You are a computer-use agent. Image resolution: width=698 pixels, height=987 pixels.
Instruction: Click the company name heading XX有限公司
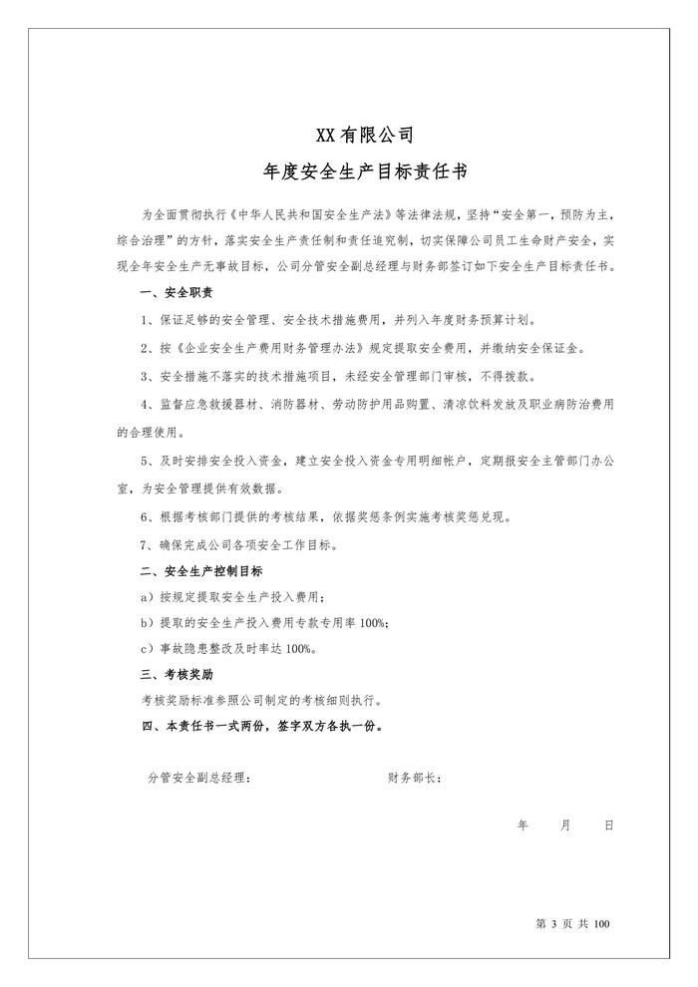(349, 134)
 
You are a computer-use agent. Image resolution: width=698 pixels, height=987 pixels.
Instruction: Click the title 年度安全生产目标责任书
(349, 171)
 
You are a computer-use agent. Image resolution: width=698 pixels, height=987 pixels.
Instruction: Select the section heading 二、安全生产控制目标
(202, 571)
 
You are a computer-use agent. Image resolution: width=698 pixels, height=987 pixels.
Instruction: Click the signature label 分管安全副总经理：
(199, 778)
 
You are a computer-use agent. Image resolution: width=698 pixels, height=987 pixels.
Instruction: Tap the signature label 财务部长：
(415, 778)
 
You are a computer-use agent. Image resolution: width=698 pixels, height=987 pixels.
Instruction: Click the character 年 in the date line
(523, 825)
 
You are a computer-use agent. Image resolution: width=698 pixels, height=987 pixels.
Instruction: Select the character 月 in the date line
(565, 825)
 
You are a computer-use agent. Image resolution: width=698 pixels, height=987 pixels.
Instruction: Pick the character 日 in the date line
(607, 825)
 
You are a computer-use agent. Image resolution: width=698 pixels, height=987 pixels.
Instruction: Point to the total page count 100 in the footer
(599, 924)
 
